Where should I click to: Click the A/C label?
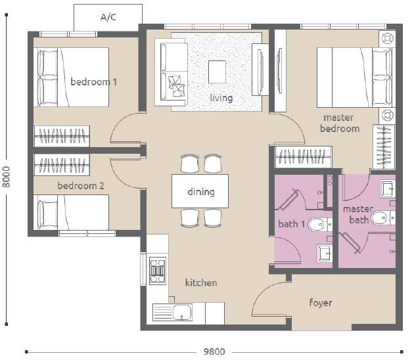(108, 17)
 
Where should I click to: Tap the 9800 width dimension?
(214, 351)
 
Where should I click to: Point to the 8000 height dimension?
(6, 177)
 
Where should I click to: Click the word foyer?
(321, 303)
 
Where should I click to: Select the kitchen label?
(201, 282)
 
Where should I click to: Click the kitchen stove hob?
(158, 271)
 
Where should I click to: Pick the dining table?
(200, 191)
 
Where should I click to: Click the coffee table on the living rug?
(217, 72)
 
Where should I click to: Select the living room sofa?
(172, 72)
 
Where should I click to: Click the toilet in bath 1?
(319, 225)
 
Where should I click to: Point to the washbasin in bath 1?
(324, 254)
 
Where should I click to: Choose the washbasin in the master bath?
(388, 189)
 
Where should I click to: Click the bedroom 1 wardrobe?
(62, 136)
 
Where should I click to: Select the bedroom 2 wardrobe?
(62, 165)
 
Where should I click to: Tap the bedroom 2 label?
(81, 186)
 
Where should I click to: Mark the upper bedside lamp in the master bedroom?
(387, 39)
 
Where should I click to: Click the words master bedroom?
(340, 123)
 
